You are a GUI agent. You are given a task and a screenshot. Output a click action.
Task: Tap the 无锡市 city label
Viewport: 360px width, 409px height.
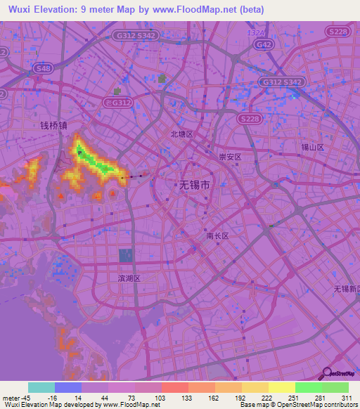click(191, 186)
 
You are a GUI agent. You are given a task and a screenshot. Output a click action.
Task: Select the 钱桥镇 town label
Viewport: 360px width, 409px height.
click(53, 126)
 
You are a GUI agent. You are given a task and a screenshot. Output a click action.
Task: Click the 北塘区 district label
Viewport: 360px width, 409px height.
click(181, 134)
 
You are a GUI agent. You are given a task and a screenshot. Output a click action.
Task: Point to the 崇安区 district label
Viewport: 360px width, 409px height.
click(230, 157)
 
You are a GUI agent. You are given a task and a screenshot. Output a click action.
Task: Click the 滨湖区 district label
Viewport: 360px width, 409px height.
click(129, 278)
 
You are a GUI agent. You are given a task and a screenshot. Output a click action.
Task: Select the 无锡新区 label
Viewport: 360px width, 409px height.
click(346, 289)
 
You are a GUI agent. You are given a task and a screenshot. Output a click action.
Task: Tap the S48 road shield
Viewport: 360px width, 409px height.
click(43, 68)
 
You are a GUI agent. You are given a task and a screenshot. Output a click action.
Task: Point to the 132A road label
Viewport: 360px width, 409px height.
click(256, 33)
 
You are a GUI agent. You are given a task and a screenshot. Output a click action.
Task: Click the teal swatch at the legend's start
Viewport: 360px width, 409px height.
click(41, 387)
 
